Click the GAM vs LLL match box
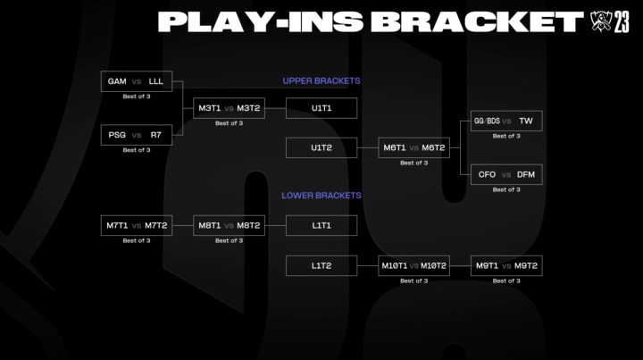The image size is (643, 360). (x=136, y=81)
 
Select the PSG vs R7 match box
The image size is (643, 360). (x=136, y=135)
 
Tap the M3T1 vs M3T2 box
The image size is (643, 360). (x=230, y=108)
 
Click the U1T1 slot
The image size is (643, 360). (x=321, y=108)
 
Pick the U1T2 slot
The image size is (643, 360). (x=321, y=147)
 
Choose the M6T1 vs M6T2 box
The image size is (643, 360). (x=413, y=147)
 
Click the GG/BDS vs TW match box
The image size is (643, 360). (x=505, y=121)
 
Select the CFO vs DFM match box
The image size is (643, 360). (x=505, y=174)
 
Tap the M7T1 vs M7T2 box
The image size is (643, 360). (x=136, y=225)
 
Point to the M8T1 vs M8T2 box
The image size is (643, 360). (x=230, y=225)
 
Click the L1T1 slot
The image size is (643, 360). (x=321, y=225)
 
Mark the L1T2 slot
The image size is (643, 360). (x=321, y=265)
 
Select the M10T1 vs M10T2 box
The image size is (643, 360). (x=413, y=265)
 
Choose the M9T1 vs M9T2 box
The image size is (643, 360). (x=505, y=265)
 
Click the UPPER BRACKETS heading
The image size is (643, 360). (x=321, y=81)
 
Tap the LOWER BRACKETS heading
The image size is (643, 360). (x=321, y=195)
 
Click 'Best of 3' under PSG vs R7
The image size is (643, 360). (x=136, y=150)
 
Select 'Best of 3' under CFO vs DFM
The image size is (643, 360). (x=505, y=189)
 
